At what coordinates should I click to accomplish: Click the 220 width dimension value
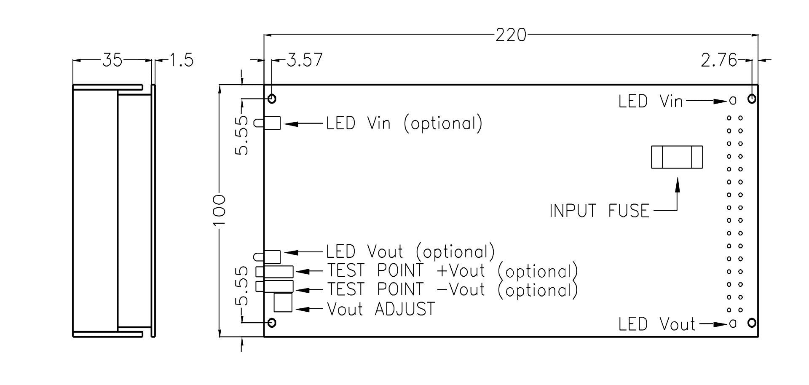(x=511, y=35)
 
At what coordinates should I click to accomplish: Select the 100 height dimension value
(x=220, y=211)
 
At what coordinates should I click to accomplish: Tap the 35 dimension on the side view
(x=112, y=61)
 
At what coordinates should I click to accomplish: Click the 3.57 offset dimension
(x=305, y=60)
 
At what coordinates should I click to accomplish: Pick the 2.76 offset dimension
(x=719, y=61)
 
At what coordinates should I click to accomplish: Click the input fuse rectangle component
(x=677, y=157)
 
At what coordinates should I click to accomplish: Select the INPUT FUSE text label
(x=600, y=211)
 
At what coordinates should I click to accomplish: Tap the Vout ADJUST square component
(x=283, y=302)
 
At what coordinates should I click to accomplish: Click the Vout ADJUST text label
(x=381, y=309)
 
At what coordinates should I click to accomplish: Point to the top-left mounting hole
(x=272, y=99)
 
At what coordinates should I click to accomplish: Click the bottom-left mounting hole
(x=272, y=323)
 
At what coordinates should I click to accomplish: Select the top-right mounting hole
(x=751, y=99)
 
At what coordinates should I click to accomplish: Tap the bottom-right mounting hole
(x=751, y=323)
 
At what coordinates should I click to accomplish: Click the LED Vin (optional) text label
(x=404, y=123)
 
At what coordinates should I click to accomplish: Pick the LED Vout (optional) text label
(x=410, y=252)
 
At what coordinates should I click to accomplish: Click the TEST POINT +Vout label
(x=452, y=271)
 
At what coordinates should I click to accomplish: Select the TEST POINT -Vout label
(x=452, y=290)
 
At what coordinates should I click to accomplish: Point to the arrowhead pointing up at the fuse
(x=677, y=184)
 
